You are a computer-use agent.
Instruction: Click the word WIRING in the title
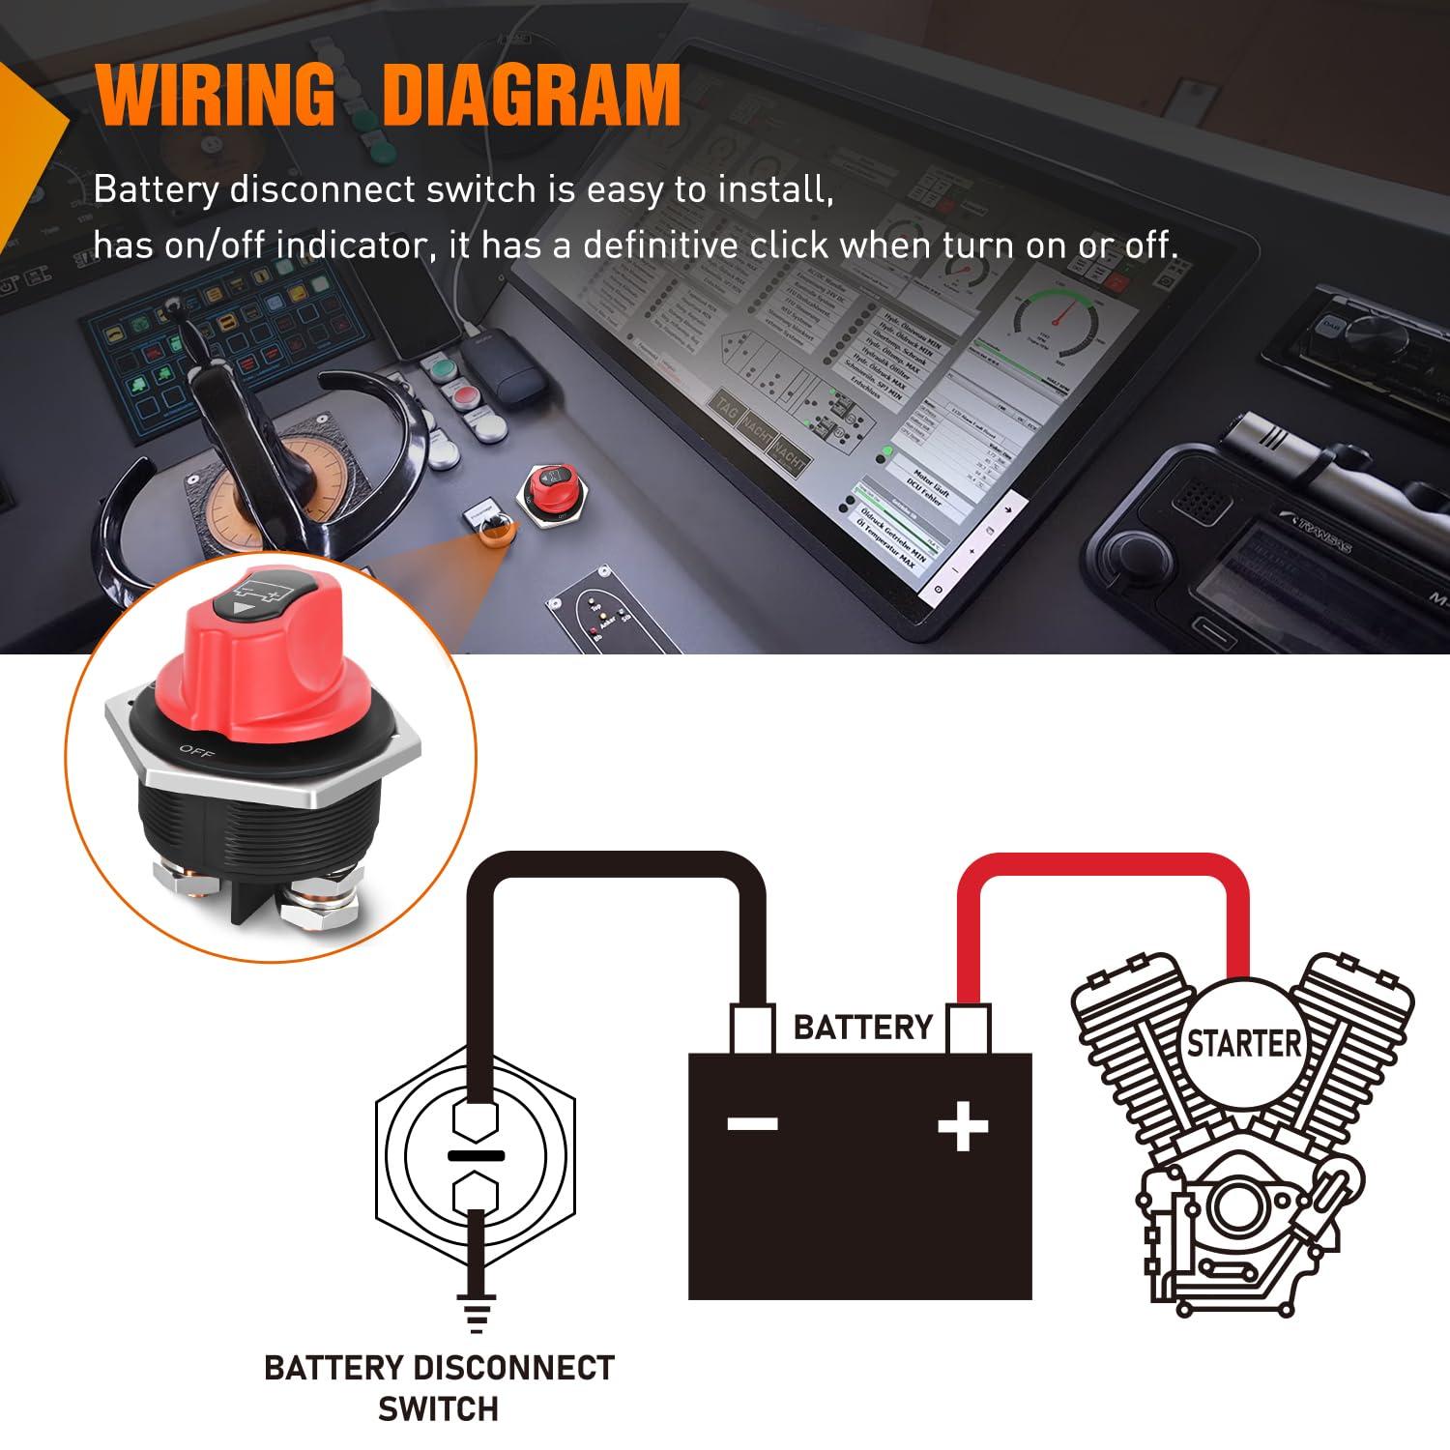pos(215,95)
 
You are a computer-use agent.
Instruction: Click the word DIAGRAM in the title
pos(532,95)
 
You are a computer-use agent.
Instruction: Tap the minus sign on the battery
pos(753,1123)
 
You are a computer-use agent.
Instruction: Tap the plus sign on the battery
pos(963,1125)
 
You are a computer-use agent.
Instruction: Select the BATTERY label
pos(862,1027)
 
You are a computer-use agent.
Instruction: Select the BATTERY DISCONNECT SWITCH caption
pos(439,1388)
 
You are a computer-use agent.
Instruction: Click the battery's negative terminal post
pos(753,1029)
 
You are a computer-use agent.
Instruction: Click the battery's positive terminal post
pos(968,1029)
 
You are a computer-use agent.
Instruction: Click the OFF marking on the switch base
pos(196,751)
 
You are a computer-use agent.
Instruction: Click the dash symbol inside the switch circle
pos(475,1156)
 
